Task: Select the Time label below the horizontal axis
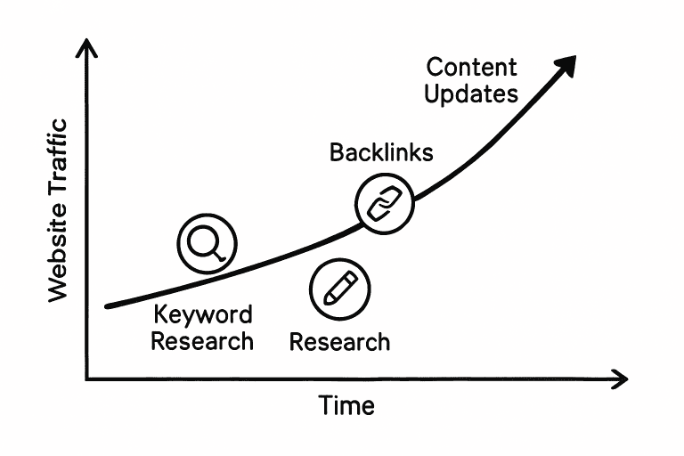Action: [346, 406]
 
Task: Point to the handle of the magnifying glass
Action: [220, 256]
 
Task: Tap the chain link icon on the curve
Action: [385, 204]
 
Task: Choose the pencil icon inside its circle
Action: [339, 289]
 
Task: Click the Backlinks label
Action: [381, 152]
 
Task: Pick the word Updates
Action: [471, 94]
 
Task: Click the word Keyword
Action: [203, 314]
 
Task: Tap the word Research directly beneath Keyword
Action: [202, 340]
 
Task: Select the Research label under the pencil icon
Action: [340, 341]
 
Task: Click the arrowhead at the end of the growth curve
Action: [566, 64]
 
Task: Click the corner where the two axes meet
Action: [86, 379]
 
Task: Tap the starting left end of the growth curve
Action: [108, 305]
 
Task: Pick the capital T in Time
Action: [325, 406]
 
